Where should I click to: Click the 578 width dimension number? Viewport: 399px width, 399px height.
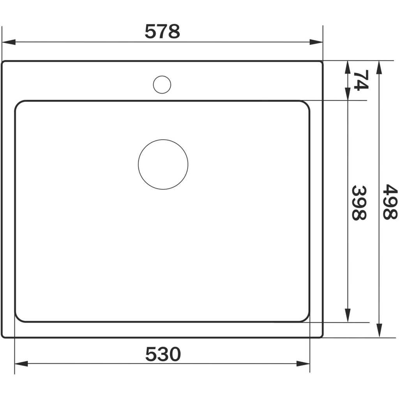point(162,32)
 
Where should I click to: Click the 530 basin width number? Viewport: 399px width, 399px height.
point(163,354)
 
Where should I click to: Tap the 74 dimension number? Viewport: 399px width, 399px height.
point(361,80)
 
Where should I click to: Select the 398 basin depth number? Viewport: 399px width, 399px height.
point(359,203)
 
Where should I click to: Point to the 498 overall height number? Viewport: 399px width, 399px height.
point(390,202)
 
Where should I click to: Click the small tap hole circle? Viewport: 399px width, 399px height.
point(162,85)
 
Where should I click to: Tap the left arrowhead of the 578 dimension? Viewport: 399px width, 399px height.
point(9,42)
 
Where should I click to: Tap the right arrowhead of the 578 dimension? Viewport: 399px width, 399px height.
point(316,42)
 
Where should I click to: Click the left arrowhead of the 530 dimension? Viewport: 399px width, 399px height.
point(21,364)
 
